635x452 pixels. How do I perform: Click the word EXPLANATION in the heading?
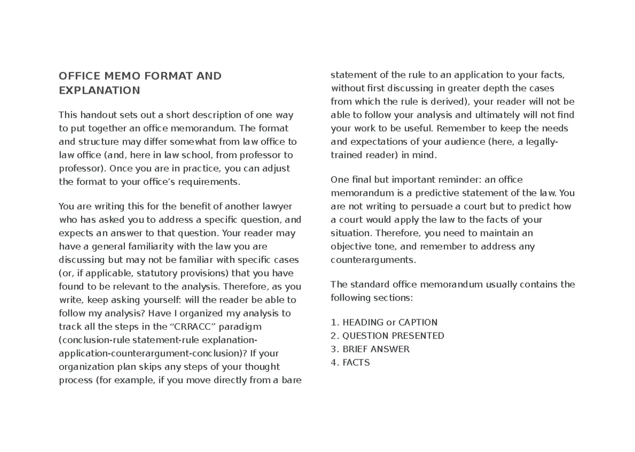99,91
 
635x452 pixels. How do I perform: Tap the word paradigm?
240,327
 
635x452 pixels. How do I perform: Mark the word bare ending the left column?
291,380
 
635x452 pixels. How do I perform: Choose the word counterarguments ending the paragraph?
373,260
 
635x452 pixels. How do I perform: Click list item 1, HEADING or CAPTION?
384,322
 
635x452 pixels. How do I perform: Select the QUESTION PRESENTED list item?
387,336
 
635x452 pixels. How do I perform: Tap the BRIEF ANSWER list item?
370,349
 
